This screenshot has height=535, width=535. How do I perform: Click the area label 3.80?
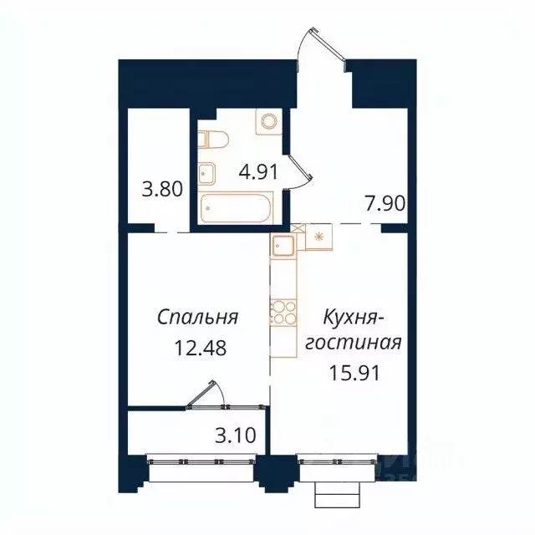tap(160, 189)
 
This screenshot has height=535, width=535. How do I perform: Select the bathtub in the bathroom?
tap(236, 207)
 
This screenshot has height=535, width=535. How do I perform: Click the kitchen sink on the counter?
tap(281, 246)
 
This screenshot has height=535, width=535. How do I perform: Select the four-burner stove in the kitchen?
tap(282, 310)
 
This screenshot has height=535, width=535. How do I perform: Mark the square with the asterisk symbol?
tap(318, 237)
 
